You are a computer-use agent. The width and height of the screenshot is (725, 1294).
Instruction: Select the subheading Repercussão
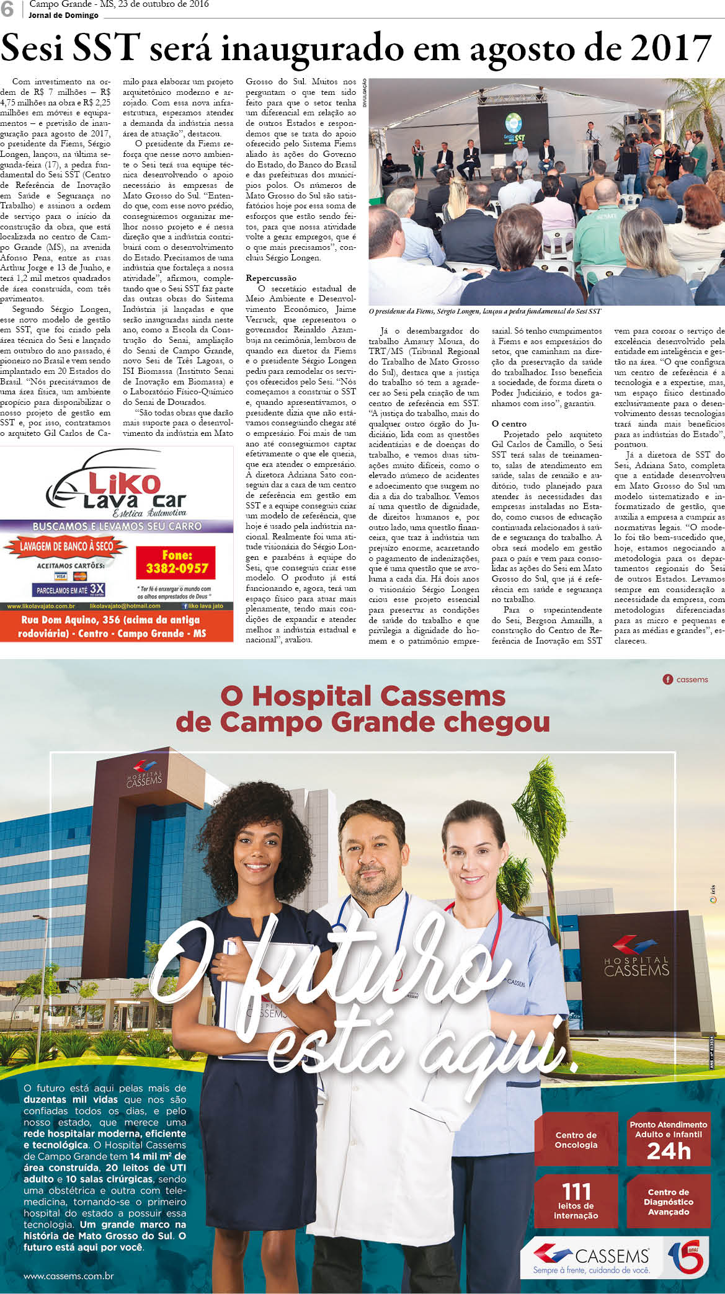[x=271, y=278]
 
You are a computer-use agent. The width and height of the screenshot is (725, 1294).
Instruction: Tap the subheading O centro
[x=509, y=424]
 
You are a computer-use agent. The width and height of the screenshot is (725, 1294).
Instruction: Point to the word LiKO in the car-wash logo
[x=124, y=483]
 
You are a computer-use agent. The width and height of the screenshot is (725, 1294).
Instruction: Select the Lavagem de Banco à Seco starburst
[x=65, y=546]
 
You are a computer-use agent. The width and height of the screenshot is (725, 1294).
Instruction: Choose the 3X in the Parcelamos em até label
[x=97, y=588]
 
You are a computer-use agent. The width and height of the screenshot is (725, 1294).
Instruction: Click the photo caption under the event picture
[x=484, y=311]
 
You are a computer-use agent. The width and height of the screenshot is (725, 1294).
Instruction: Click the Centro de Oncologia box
[x=576, y=1140]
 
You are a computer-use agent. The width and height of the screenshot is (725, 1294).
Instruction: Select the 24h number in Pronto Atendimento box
[x=669, y=1151]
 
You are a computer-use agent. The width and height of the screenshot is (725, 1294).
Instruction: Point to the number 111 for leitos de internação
[x=576, y=1192]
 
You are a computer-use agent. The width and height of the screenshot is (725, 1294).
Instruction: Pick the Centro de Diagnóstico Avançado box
[x=668, y=1202]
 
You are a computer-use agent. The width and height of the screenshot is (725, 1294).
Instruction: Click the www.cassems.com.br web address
[x=68, y=1276]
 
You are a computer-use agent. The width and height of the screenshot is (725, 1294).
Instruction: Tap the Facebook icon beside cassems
[x=668, y=680]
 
